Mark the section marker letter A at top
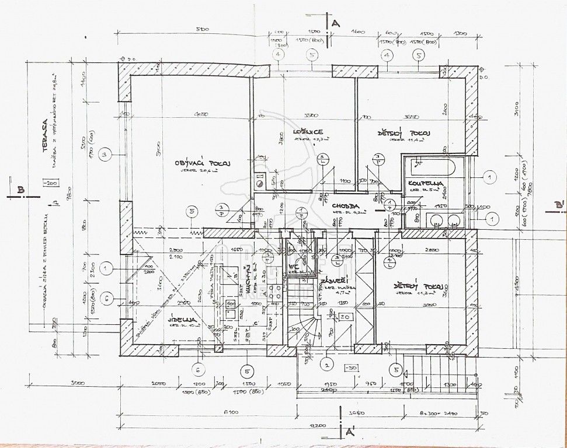[x=335, y=23]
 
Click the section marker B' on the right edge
[x=559, y=205]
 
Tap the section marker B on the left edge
[x=20, y=190]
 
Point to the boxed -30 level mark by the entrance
[x=351, y=368]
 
